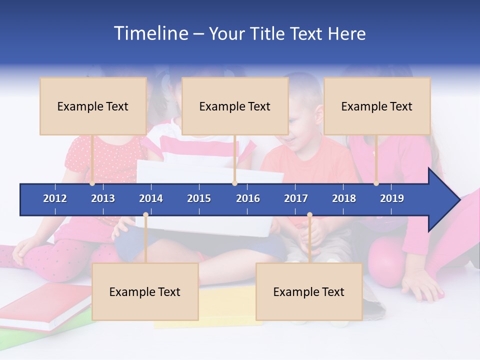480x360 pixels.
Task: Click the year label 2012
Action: click(x=55, y=198)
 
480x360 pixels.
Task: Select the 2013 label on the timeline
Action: click(x=103, y=198)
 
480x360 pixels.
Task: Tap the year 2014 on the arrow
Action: click(x=151, y=198)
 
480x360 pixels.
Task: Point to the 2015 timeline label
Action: click(x=199, y=198)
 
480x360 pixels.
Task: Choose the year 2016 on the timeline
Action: click(x=248, y=198)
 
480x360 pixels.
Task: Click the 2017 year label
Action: click(x=296, y=198)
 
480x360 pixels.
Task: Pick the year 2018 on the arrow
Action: click(x=344, y=198)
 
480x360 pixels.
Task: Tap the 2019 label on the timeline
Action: click(x=392, y=198)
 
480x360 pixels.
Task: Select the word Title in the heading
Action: click(x=268, y=34)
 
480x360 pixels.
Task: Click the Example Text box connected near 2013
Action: click(x=93, y=106)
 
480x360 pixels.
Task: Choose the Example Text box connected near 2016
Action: click(x=235, y=106)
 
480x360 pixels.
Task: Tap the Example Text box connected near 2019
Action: click(x=377, y=106)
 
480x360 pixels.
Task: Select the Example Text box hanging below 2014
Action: click(x=145, y=291)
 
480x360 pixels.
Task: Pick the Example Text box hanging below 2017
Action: click(x=309, y=291)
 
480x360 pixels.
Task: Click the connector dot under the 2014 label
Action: click(x=145, y=215)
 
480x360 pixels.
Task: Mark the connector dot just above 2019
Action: click(x=376, y=183)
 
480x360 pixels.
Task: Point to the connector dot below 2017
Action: click(x=309, y=215)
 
